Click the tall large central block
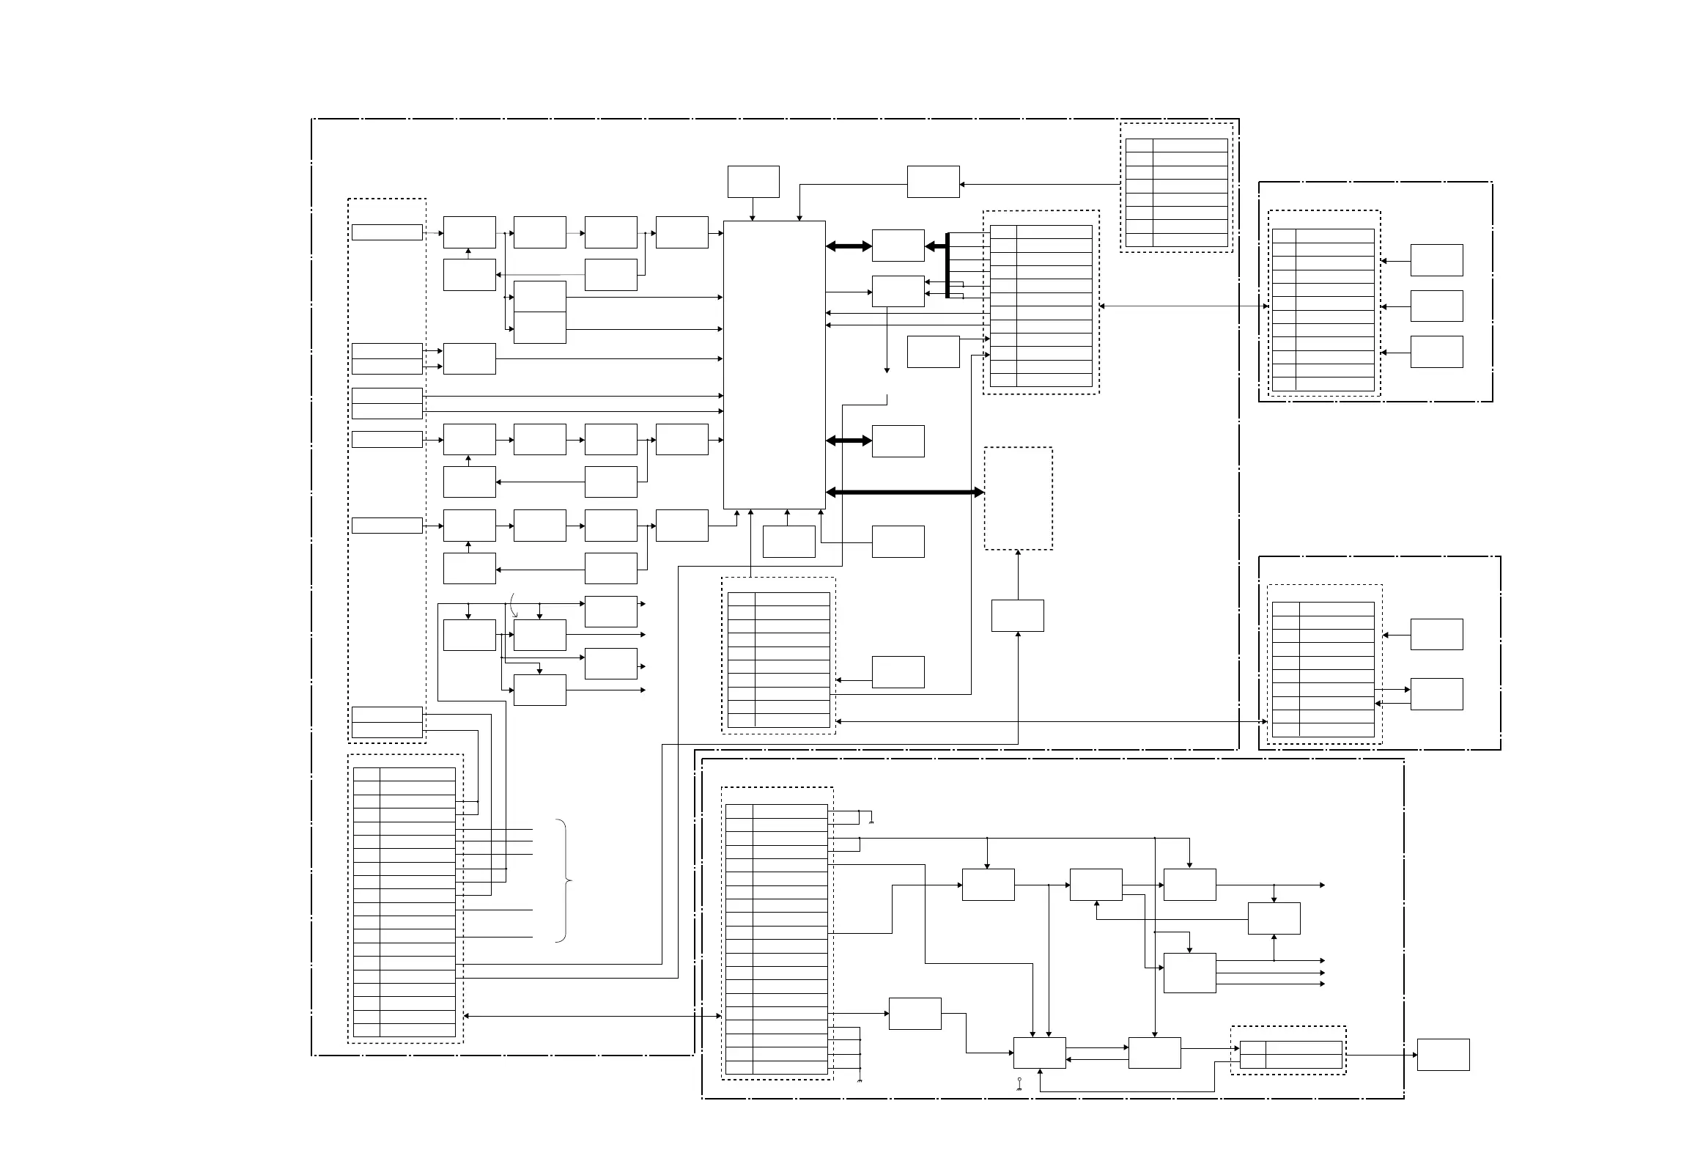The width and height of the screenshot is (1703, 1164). click(x=774, y=364)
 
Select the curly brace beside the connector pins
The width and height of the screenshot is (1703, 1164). click(x=564, y=880)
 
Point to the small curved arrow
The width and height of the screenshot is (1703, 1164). click(x=514, y=605)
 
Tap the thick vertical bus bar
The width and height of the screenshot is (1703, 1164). click(x=947, y=265)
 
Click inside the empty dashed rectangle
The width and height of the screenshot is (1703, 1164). click(x=1018, y=498)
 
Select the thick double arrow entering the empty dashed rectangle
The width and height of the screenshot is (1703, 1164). click(x=904, y=493)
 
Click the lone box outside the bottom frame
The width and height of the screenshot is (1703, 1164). click(x=1442, y=1054)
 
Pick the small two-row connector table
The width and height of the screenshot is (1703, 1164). click(x=1290, y=1054)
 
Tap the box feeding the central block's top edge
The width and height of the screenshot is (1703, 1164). click(x=753, y=181)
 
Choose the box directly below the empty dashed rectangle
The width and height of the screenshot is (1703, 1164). click(x=1017, y=615)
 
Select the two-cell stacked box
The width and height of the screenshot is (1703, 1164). click(x=539, y=312)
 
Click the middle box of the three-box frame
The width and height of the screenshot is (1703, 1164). click(x=1436, y=306)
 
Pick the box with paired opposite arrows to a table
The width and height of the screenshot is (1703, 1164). click(x=1436, y=693)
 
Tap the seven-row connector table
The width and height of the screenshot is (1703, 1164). click(x=1176, y=192)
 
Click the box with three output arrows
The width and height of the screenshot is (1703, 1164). click(x=1189, y=973)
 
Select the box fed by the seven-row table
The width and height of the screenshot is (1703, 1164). click(x=933, y=181)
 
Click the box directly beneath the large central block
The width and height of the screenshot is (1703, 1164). click(x=788, y=541)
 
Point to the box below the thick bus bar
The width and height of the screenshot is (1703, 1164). click(x=933, y=351)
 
